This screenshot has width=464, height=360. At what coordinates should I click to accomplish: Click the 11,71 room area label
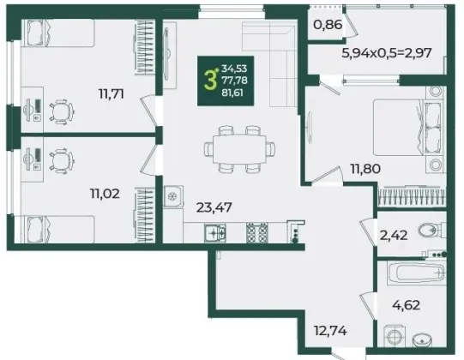111,94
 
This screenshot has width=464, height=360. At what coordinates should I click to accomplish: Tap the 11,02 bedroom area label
105,194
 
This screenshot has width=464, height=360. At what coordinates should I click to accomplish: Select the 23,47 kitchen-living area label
214,207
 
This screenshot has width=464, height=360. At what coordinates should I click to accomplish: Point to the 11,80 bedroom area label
365,169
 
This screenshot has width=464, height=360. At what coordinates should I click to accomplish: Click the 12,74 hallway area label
330,330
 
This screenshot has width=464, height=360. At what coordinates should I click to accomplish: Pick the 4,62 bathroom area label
407,305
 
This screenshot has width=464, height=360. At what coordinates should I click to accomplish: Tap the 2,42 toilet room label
395,236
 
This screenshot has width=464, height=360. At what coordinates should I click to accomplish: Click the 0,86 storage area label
328,25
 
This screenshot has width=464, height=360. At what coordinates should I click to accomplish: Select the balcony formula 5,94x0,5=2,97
387,53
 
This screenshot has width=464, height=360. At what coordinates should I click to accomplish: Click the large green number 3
210,81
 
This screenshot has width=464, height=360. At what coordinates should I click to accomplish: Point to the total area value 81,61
232,93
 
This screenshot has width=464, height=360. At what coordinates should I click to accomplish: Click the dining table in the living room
239,149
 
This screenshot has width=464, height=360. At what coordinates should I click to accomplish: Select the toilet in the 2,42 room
433,230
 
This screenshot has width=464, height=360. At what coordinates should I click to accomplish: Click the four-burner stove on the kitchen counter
257,232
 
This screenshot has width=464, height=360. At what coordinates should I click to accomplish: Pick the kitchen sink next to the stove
214,233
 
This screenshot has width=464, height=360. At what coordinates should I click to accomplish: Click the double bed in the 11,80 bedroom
409,128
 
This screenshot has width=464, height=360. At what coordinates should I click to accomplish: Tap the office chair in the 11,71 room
62,111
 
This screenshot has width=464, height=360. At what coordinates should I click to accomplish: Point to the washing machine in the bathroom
395,336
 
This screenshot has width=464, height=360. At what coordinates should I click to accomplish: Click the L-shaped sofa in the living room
275,53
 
